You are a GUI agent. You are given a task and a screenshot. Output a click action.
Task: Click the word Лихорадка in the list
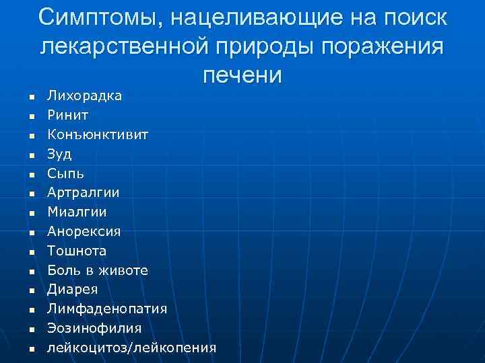tap(84, 96)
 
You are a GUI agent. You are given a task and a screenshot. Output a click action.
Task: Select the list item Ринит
tap(67, 116)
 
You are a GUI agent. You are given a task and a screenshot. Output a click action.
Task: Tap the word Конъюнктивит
tap(98, 135)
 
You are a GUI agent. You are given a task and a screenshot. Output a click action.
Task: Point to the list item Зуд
tap(59, 155)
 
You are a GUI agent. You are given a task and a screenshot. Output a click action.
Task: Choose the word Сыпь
tap(65, 173)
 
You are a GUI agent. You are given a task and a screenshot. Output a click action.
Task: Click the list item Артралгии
tap(83, 193)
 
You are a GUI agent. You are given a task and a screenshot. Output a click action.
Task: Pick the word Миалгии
tap(77, 212)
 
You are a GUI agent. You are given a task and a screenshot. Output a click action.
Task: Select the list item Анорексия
tap(84, 232)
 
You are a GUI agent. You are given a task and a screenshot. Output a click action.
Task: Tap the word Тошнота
tap(77, 251)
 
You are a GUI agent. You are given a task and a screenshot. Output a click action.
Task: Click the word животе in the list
tap(123, 270)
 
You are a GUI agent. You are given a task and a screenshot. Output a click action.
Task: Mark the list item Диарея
tap(72, 290)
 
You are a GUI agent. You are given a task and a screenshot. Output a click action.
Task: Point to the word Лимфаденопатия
tap(107, 309)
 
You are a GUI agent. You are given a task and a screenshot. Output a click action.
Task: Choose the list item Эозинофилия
tap(94, 328)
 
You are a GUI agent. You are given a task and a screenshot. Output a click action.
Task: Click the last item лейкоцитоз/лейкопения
tap(131, 348)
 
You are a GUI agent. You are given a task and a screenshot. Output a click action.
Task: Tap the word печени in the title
tap(241, 74)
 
